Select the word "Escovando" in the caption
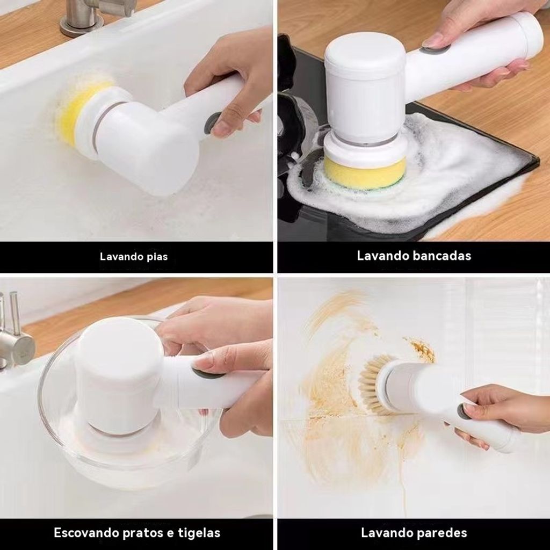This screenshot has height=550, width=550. click(86, 533)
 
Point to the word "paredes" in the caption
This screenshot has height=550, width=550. click(442, 533)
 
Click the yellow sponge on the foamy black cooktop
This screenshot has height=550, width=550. click(365, 172)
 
